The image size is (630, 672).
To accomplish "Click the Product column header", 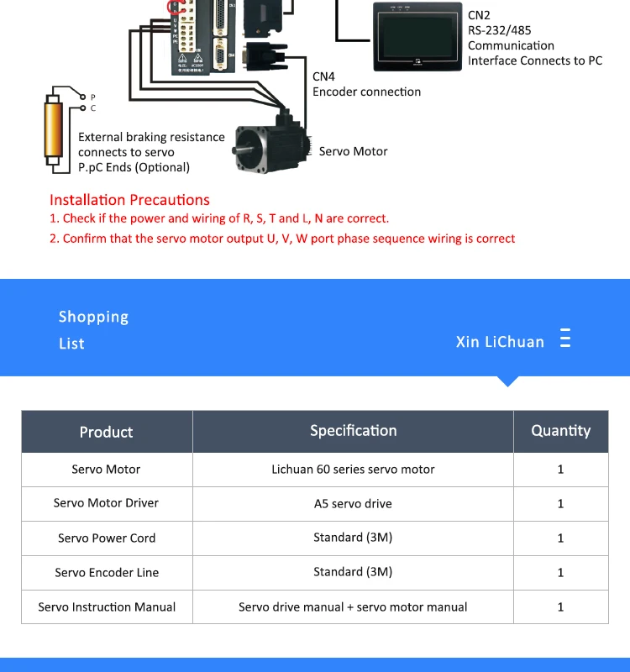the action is tap(106, 432).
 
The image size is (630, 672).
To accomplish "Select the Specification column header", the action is tap(353, 431).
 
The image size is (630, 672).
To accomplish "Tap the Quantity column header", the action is tap(560, 431).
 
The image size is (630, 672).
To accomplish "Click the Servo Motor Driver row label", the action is tap(106, 503).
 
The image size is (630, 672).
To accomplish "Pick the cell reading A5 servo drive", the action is tap(353, 504).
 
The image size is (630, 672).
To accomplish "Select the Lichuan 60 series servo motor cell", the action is tap(353, 470).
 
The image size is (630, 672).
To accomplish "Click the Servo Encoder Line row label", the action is tap(107, 573).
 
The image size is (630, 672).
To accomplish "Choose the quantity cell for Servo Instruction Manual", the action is tap(560, 606).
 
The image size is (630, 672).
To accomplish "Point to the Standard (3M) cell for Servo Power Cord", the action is tap(353, 538).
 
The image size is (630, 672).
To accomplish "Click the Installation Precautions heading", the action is tap(129, 200).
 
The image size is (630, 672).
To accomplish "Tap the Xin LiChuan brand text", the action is tap(500, 342).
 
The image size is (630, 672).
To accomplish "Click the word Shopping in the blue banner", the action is tap(93, 317).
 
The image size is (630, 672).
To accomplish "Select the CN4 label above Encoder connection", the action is tap(323, 76).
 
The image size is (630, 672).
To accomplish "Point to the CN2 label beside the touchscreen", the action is tap(479, 15).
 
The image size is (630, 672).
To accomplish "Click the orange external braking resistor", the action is tap(55, 130).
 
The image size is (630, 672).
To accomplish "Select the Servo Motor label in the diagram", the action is tap(353, 152).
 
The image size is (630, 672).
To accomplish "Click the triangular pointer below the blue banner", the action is tap(507, 381).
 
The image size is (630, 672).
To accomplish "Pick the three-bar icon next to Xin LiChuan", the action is tap(565, 339).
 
